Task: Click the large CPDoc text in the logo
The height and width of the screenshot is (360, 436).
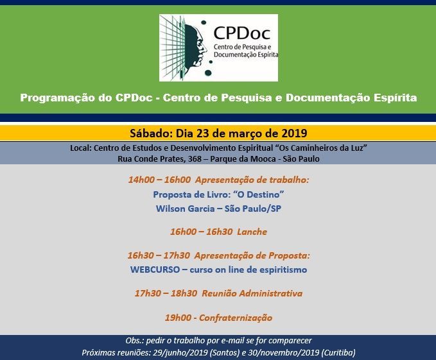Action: pyautogui.click(x=242, y=33)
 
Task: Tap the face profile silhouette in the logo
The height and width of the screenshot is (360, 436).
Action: pyautogui.click(x=195, y=46)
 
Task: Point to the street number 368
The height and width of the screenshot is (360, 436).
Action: pyautogui.click(x=195, y=159)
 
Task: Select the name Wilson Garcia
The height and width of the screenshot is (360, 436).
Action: pyautogui.click(x=185, y=209)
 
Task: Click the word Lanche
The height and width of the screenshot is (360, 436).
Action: pyautogui.click(x=252, y=232)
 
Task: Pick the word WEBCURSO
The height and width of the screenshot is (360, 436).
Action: pyautogui.click(x=155, y=270)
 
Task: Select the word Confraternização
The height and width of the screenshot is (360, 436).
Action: pyautogui.click(x=236, y=318)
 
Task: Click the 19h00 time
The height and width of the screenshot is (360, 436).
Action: pyautogui.click(x=178, y=318)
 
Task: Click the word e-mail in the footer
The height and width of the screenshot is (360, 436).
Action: pyautogui.click(x=232, y=341)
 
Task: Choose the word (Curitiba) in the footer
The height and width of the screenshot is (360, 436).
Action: pyautogui.click(x=338, y=352)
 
